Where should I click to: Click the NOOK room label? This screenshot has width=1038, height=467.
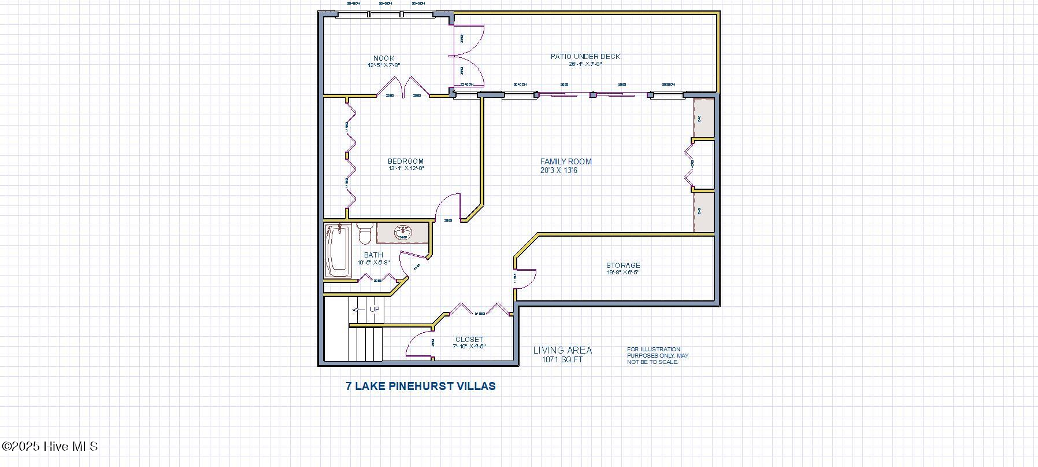(384, 58)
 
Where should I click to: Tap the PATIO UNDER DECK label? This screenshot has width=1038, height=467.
(585, 56)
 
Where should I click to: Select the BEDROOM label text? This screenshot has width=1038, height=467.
(405, 161)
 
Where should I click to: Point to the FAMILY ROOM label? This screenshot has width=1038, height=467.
(566, 161)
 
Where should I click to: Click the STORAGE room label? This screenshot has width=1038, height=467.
(622, 265)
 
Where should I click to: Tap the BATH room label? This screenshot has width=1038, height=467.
(373, 255)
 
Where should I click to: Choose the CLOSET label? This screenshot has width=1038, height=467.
(469, 340)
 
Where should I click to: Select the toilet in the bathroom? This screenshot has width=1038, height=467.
(364, 234)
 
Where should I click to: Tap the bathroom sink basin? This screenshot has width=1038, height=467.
(403, 233)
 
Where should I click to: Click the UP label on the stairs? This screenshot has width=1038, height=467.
(375, 309)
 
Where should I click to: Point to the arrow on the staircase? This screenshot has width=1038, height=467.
(358, 310)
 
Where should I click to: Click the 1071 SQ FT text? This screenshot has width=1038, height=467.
(562, 359)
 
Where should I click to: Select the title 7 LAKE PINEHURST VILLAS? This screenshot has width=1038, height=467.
(420, 386)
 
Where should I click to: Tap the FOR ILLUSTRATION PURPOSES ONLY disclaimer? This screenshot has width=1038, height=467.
(657, 355)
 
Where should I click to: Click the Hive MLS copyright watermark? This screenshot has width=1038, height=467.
(50, 446)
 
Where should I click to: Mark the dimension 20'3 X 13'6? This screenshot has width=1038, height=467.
(558, 171)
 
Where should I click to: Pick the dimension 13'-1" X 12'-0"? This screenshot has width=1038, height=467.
(406, 169)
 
